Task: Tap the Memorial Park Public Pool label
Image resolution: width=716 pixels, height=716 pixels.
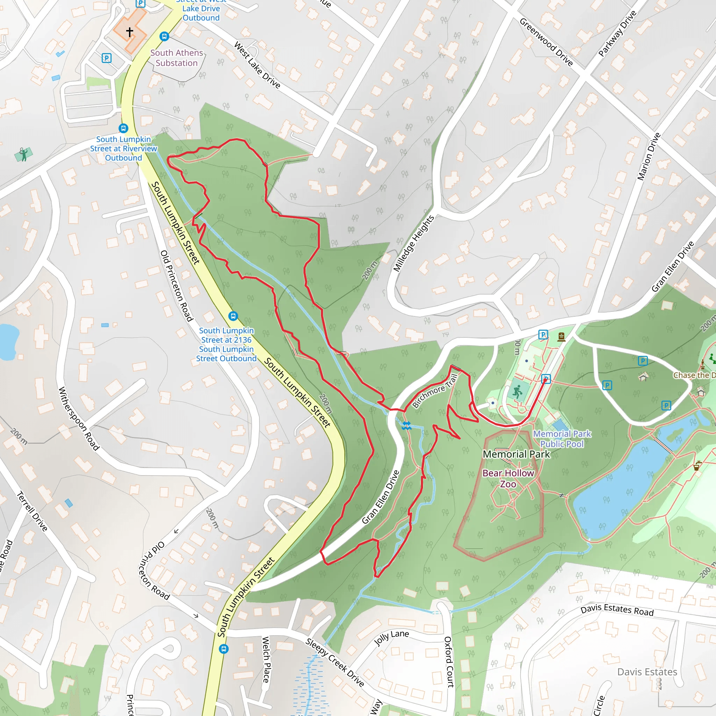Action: point(562,439)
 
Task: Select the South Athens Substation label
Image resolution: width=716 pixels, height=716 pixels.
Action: point(177,58)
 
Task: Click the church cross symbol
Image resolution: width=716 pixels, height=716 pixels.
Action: point(130,32)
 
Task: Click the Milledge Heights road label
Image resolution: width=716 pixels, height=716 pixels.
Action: point(414,243)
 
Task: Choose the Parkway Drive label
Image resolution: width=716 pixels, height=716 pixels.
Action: point(617,34)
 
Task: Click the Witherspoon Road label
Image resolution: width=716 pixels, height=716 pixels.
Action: point(79,419)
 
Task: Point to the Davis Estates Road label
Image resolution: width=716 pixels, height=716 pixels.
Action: point(617,610)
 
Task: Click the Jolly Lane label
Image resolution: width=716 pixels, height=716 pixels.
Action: point(391,637)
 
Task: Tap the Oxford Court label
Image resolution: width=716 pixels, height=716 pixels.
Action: point(449,662)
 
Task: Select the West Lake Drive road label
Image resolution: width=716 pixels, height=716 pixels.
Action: point(257,65)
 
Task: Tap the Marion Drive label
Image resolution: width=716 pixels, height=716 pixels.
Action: point(649,156)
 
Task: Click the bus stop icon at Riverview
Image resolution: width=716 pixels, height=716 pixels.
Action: point(123,128)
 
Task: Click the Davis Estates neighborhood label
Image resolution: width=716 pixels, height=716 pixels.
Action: point(647,672)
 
